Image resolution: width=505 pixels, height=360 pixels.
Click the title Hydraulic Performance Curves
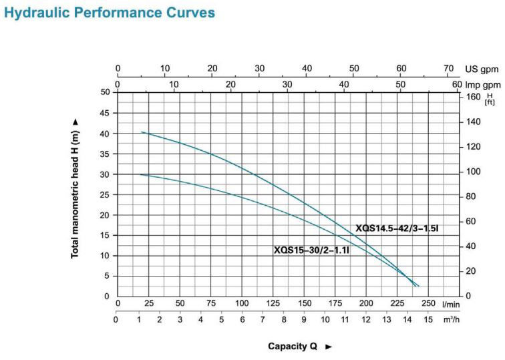click(x=109, y=13)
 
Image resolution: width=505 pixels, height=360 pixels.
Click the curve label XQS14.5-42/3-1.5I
click(x=397, y=228)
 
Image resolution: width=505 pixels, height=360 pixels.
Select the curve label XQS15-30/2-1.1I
click(x=316, y=250)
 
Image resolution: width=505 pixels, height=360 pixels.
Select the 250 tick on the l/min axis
click(x=428, y=304)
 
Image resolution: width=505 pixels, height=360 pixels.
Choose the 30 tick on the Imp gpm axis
click(x=287, y=84)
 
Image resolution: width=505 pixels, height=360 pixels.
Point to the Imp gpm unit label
click(x=482, y=85)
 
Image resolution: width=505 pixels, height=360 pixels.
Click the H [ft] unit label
click(x=490, y=100)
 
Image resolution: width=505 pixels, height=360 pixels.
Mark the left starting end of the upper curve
click(x=142, y=132)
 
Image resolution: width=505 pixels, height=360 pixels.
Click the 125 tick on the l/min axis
click(x=273, y=304)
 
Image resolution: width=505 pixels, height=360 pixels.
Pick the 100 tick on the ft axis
click(x=472, y=172)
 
